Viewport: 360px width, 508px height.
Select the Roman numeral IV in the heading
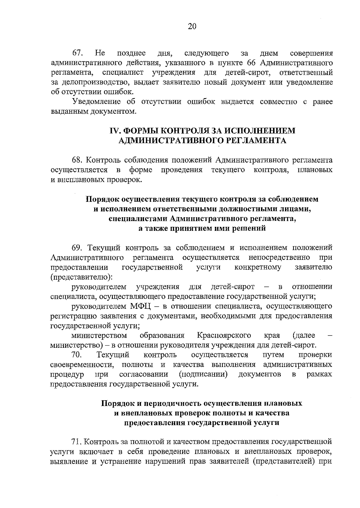point(115,131)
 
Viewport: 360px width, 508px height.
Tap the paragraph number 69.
point(77,248)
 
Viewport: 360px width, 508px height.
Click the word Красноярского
point(224,335)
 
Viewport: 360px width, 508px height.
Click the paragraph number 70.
point(77,355)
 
